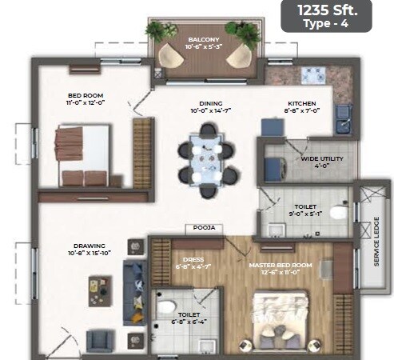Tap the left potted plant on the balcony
[x=155, y=31]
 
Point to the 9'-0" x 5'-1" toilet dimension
[x=307, y=213]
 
